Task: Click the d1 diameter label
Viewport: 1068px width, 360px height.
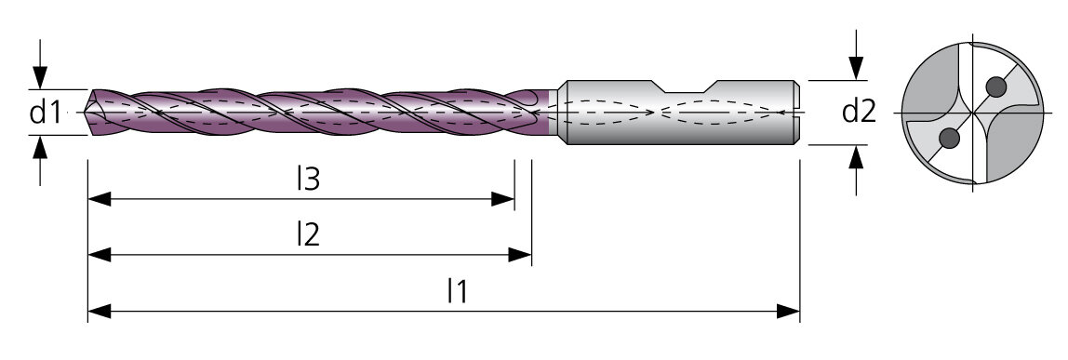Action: pyautogui.click(x=46, y=113)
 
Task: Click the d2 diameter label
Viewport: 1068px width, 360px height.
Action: pyautogui.click(x=859, y=111)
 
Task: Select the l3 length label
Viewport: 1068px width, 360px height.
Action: pyautogui.click(x=309, y=179)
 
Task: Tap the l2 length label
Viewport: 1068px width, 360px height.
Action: pyautogui.click(x=309, y=234)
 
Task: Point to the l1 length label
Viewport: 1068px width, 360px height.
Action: pyautogui.click(x=458, y=291)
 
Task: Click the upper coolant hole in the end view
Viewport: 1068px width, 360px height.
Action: pyautogui.click(x=995, y=87)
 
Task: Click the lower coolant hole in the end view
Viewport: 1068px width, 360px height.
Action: pyautogui.click(x=949, y=139)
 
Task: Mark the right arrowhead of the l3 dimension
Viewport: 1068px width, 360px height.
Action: pyautogui.click(x=503, y=199)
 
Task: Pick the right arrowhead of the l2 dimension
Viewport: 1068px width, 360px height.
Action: pyautogui.click(x=520, y=255)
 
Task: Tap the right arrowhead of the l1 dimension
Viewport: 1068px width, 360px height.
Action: pyautogui.click(x=788, y=312)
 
